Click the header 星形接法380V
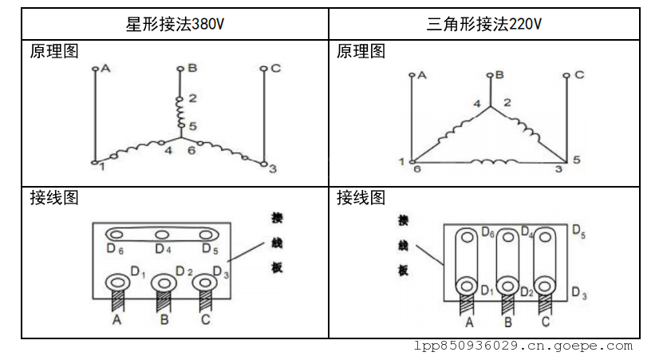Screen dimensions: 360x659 175,24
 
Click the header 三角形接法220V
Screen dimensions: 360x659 484,24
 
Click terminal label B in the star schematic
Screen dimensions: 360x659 191,68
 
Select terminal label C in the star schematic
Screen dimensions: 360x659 275,68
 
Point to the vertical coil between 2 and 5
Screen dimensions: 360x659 180,113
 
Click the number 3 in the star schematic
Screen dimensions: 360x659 272,169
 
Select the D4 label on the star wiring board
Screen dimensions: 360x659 163,249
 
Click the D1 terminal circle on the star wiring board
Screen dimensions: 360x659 117,282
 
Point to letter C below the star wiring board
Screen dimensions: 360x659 206,320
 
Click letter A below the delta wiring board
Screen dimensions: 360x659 469,322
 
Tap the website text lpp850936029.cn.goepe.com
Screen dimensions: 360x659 523,346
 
